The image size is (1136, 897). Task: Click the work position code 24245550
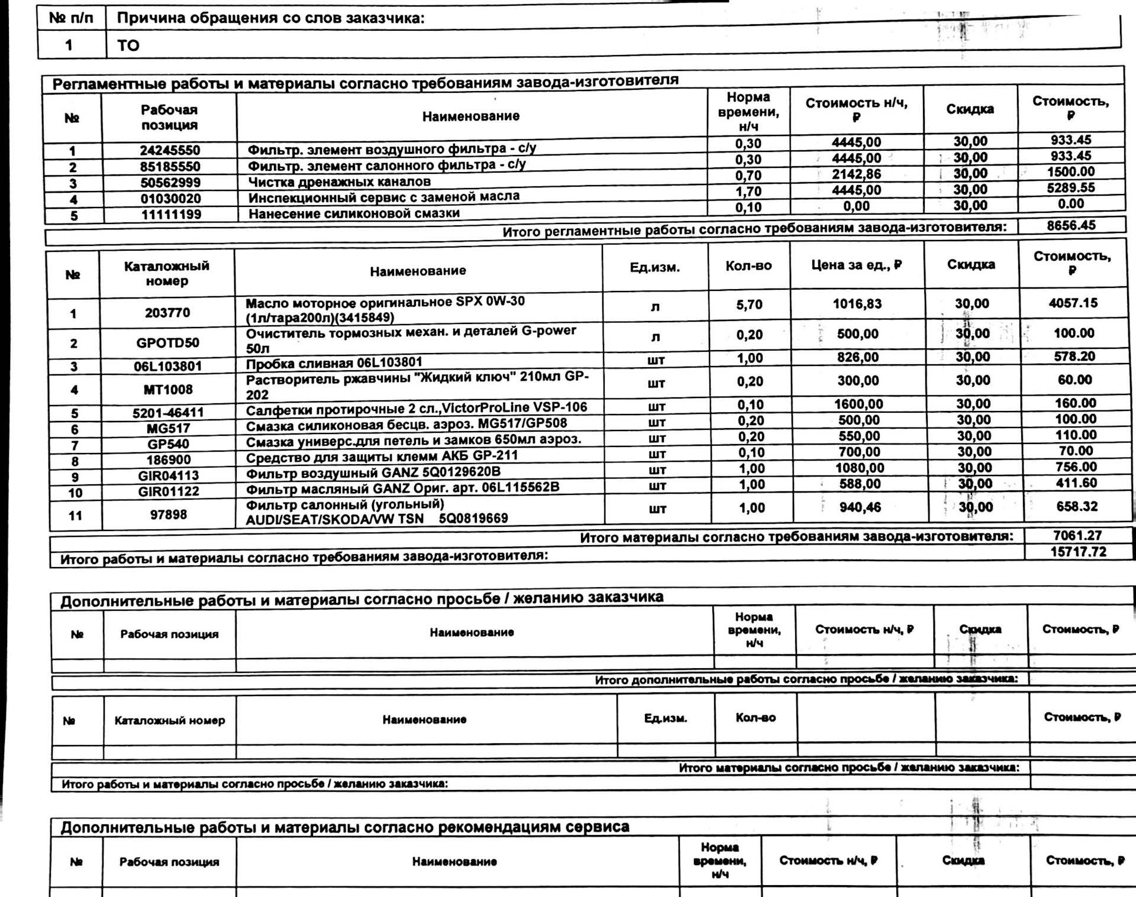170,150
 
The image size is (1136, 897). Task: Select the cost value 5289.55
1071,188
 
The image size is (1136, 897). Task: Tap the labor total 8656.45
1071,225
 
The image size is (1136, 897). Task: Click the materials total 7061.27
1077,536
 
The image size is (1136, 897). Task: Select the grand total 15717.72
1078,552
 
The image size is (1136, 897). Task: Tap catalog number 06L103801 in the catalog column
167,367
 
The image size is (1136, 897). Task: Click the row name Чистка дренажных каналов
339,182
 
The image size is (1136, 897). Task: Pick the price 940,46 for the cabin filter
860,507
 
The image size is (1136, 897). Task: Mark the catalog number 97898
169,515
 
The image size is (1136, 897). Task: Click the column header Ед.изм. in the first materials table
655,268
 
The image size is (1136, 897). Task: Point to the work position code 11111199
170,215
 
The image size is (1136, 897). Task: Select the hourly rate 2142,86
856,174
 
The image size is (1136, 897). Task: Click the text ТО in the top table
128,46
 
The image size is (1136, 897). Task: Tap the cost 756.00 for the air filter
1076,467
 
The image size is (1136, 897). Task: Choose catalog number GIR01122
169,492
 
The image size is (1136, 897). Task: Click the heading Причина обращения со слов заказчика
270,18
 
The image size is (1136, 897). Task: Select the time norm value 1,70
748,192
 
